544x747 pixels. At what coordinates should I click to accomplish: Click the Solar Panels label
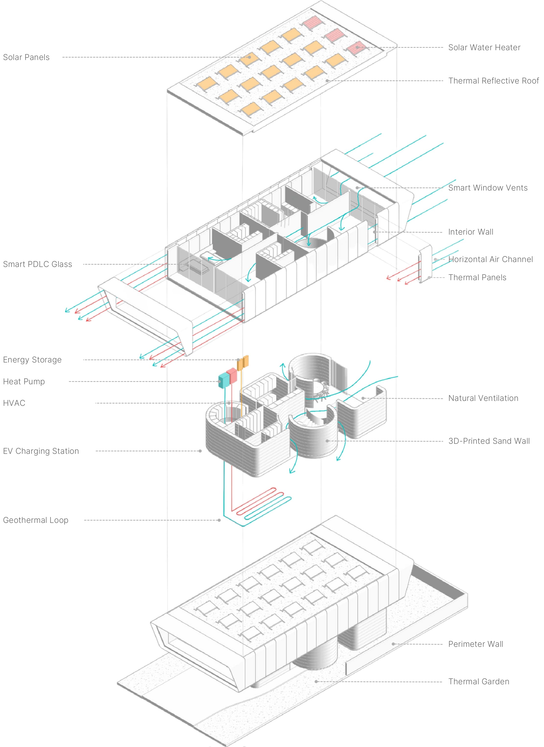[x=26, y=57]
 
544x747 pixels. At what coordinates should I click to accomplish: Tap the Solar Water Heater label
[x=484, y=48]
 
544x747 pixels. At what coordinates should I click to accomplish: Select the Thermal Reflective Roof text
[x=493, y=81]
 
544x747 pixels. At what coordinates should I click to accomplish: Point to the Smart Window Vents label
[x=488, y=188]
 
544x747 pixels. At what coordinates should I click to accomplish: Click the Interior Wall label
[x=471, y=232]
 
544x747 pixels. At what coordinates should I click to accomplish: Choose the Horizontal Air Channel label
[x=490, y=259]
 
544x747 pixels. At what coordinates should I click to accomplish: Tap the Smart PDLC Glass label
[x=37, y=264]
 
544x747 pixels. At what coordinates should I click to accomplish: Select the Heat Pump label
[x=24, y=381]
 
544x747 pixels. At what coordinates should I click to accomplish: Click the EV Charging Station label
[x=41, y=451]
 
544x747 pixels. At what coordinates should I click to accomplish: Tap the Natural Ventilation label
[x=483, y=398]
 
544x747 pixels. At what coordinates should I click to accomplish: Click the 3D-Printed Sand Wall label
[x=489, y=441]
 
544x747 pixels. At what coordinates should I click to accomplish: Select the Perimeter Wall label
[x=475, y=644]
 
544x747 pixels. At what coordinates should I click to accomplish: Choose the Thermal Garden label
[x=478, y=681]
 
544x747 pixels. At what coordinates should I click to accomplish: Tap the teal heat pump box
[x=224, y=380]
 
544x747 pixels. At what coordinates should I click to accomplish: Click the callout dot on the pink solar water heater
[x=357, y=48]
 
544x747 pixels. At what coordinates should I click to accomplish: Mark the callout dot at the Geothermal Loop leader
[x=219, y=520]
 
